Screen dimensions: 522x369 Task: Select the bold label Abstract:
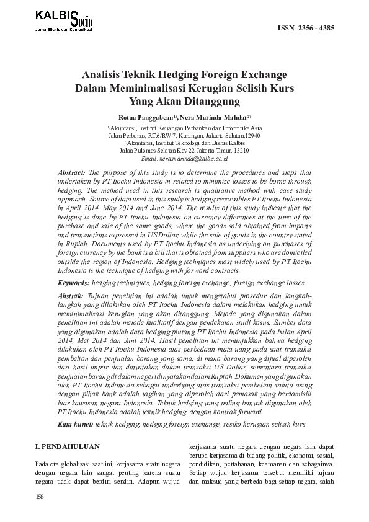72,171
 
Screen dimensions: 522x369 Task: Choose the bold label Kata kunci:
74,424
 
